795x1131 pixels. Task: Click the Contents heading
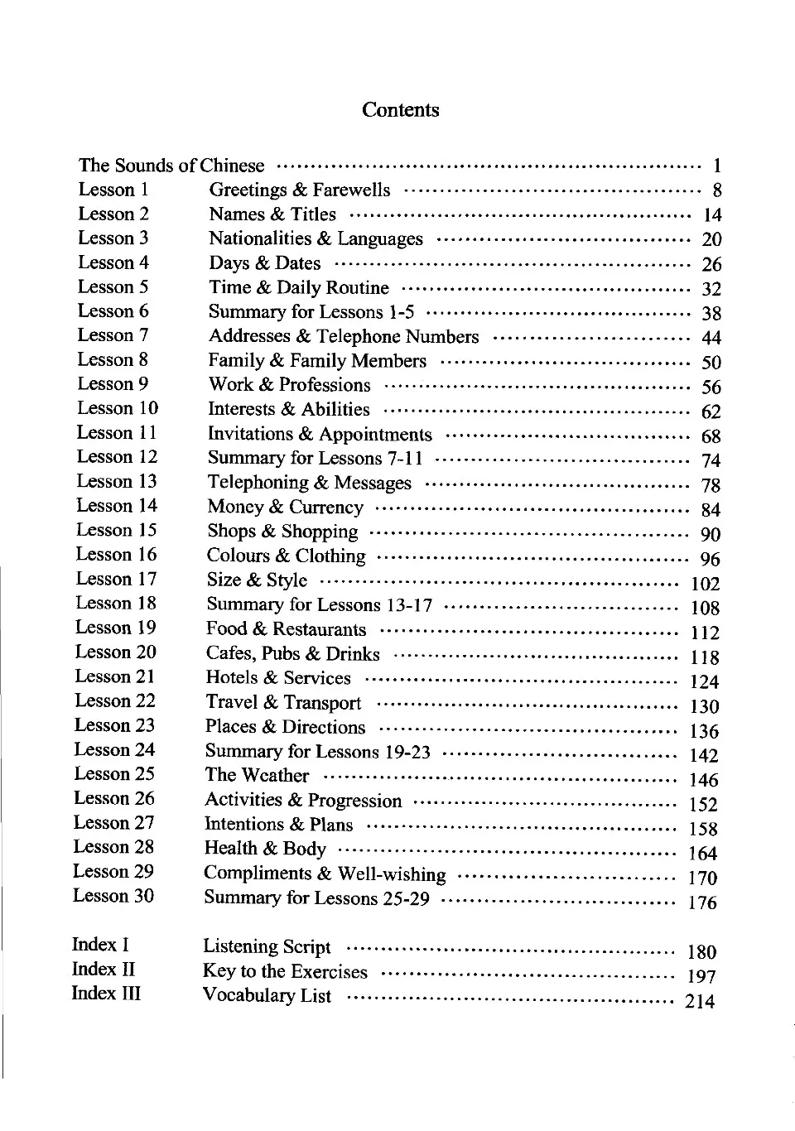pos(400,110)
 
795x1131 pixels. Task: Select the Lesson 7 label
pos(113,335)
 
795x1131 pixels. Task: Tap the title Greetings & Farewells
pos(299,190)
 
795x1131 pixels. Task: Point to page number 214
pos(700,1001)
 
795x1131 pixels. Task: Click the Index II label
pos(104,969)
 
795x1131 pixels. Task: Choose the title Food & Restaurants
pos(286,629)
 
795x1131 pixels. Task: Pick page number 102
pos(705,584)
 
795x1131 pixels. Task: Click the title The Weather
pos(257,775)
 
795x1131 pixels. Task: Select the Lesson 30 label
pos(113,896)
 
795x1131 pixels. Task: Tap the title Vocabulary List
pos(267,996)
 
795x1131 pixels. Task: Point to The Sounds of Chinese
pos(171,166)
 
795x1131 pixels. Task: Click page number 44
pos(711,338)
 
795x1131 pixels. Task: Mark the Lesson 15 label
pos(116,530)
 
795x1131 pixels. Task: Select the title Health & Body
pos(265,849)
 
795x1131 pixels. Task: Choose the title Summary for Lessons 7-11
pos(315,458)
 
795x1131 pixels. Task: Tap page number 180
pos(701,952)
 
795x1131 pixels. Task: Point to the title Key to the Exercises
pos(285,971)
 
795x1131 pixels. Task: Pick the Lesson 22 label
pos(114,701)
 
